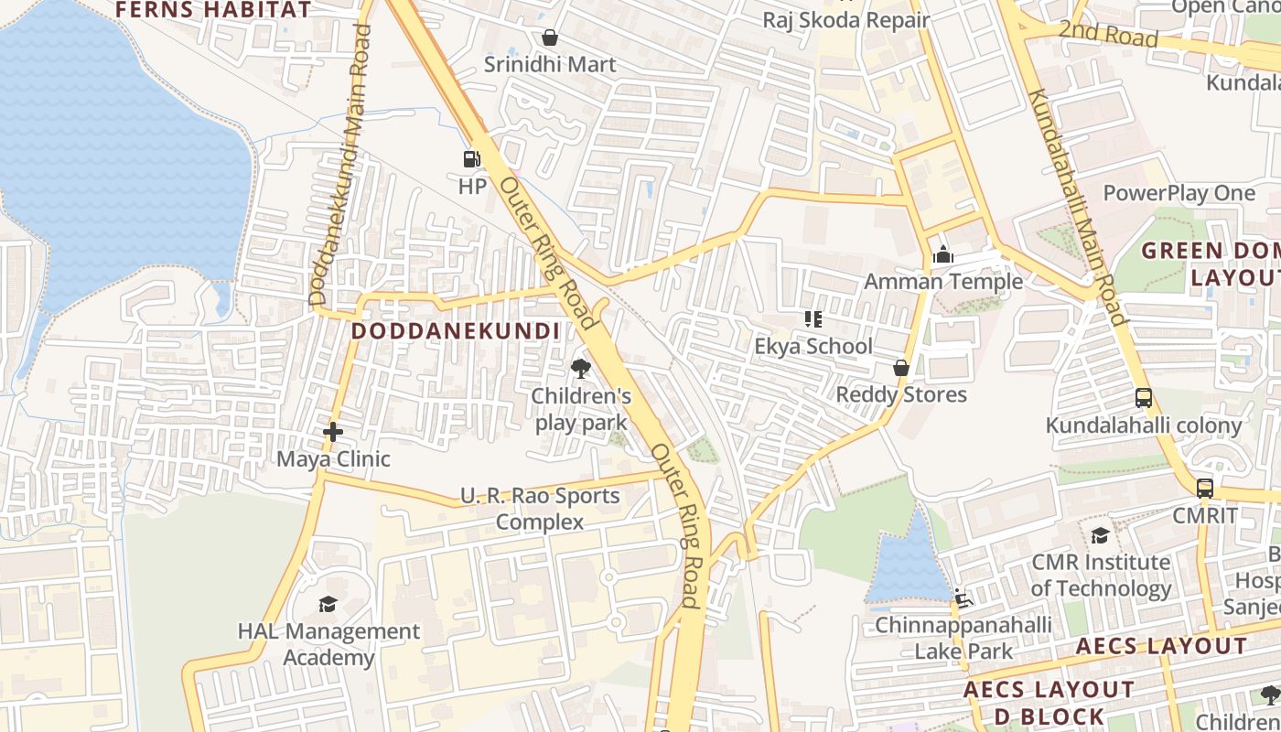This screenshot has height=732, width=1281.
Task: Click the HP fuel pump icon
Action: [x=471, y=159]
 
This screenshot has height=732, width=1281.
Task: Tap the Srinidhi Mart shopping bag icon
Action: [x=550, y=38]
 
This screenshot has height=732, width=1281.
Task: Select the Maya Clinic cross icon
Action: [x=333, y=431]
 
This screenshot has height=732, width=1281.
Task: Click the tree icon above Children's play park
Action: [x=580, y=369]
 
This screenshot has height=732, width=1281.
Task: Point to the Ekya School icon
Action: [x=813, y=319]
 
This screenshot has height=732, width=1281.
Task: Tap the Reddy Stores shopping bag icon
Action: [x=901, y=368]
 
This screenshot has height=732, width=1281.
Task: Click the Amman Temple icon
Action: [x=943, y=254]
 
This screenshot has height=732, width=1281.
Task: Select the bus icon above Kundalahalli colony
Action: [x=1144, y=398]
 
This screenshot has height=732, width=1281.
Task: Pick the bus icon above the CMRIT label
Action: [x=1205, y=488]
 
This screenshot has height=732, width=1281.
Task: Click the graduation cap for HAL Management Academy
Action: [x=328, y=604]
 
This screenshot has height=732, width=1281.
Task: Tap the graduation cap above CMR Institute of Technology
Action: [x=1100, y=535]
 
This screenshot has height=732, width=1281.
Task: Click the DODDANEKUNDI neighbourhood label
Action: [x=455, y=330]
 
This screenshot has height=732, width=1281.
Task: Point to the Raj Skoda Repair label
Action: [x=846, y=20]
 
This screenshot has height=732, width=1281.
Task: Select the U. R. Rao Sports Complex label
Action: [x=540, y=509]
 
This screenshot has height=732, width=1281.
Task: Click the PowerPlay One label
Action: [x=1179, y=193]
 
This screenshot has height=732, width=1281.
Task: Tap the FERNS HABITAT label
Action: [x=213, y=10]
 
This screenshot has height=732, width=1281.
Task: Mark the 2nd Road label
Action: [x=1108, y=35]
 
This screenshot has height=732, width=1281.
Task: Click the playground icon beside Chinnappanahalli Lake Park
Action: [x=961, y=598]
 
